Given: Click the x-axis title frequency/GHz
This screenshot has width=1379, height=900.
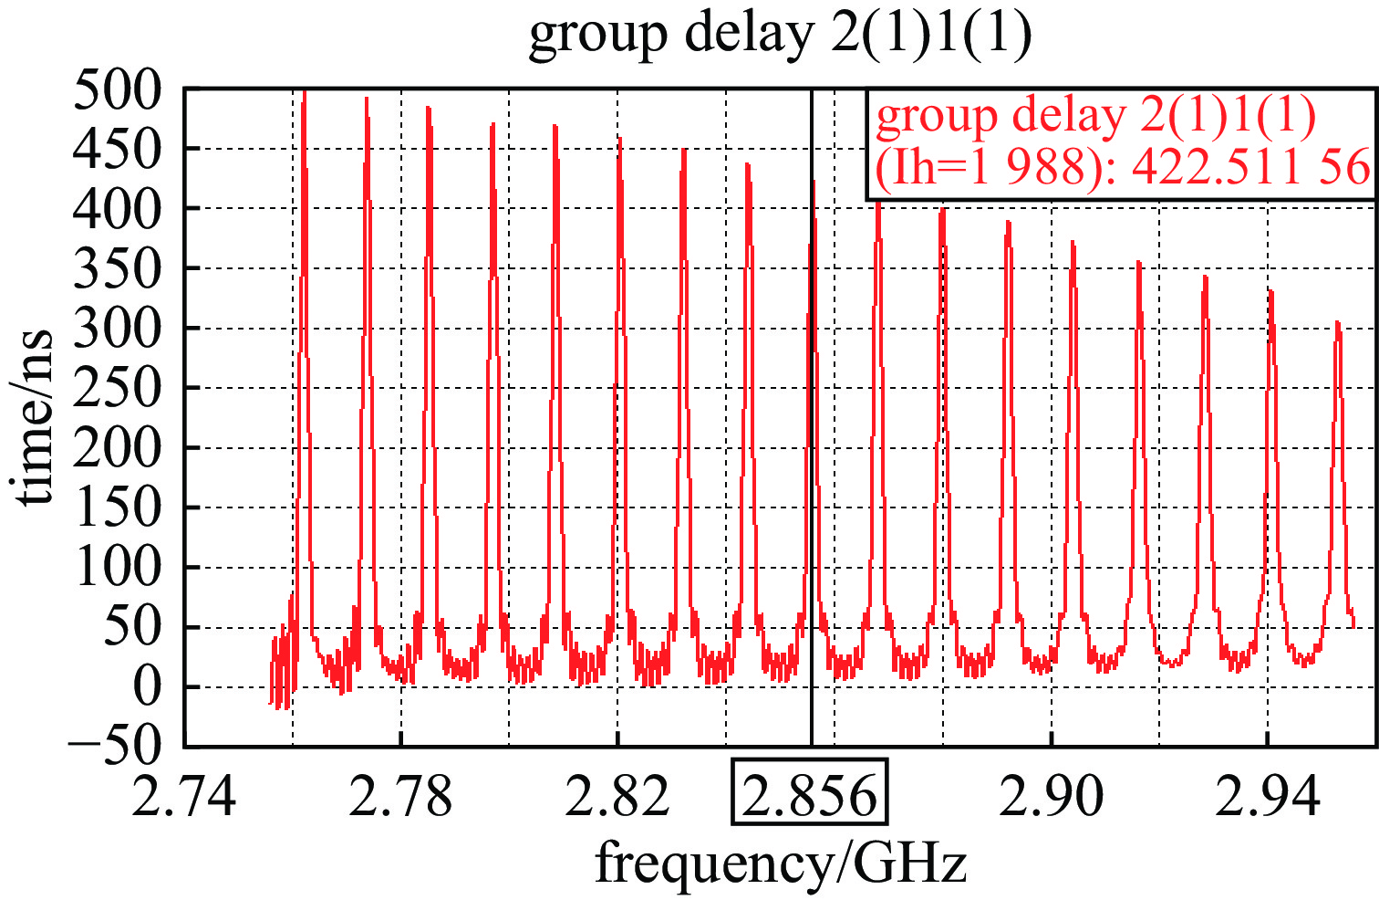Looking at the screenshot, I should click(x=780, y=863).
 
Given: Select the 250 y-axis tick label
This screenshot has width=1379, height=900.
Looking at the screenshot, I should click(x=117, y=389).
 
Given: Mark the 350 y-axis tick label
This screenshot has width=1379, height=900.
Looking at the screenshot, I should click(x=117, y=269).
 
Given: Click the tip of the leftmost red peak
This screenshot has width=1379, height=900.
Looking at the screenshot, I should click(x=304, y=92).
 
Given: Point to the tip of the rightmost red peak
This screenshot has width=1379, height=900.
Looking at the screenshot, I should click(x=1338, y=322).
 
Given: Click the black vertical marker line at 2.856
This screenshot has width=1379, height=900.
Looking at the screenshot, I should click(x=811, y=456).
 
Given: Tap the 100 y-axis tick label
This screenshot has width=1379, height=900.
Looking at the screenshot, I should click(x=117, y=568).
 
